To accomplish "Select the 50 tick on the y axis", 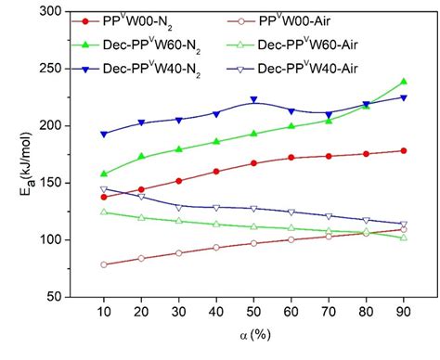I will coord(58,297).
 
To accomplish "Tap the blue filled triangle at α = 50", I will coord(253,100).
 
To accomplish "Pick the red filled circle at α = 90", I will coord(404,150).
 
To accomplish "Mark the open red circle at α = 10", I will coord(103,264).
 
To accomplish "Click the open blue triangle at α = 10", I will coord(103,189).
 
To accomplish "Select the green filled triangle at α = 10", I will coord(103,174).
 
